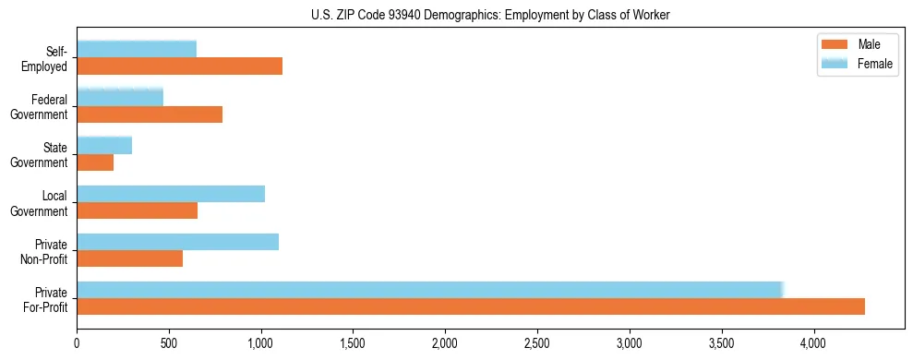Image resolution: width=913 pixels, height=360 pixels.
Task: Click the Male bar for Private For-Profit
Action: [x=471, y=306]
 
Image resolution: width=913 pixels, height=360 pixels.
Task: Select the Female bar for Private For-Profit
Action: [x=430, y=290]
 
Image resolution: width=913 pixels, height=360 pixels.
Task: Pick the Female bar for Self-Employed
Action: [x=137, y=49]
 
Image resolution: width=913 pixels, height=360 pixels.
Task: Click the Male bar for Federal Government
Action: [x=150, y=114]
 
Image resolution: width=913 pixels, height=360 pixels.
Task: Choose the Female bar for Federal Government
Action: [x=120, y=97]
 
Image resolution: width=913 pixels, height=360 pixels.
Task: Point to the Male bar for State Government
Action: [x=95, y=162]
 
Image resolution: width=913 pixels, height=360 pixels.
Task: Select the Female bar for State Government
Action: [x=104, y=145]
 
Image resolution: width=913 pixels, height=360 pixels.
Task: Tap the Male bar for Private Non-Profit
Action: [x=130, y=258]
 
